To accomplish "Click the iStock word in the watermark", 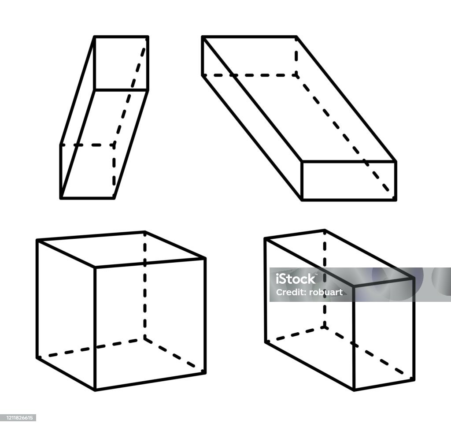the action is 296,278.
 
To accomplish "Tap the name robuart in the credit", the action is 325,292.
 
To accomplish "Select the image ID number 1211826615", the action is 18,418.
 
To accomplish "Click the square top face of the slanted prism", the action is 121,63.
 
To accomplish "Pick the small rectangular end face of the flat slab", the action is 349,180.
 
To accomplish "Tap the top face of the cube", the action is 121,249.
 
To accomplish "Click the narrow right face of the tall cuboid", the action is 384,334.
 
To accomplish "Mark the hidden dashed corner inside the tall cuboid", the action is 325,327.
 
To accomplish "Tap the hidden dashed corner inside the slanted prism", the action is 114,145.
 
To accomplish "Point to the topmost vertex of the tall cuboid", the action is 325,230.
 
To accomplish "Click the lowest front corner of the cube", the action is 95,390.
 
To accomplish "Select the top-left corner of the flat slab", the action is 203,37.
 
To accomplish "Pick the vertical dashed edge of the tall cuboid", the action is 325,278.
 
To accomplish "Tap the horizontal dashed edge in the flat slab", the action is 250,75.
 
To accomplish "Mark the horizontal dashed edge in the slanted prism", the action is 88,145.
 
